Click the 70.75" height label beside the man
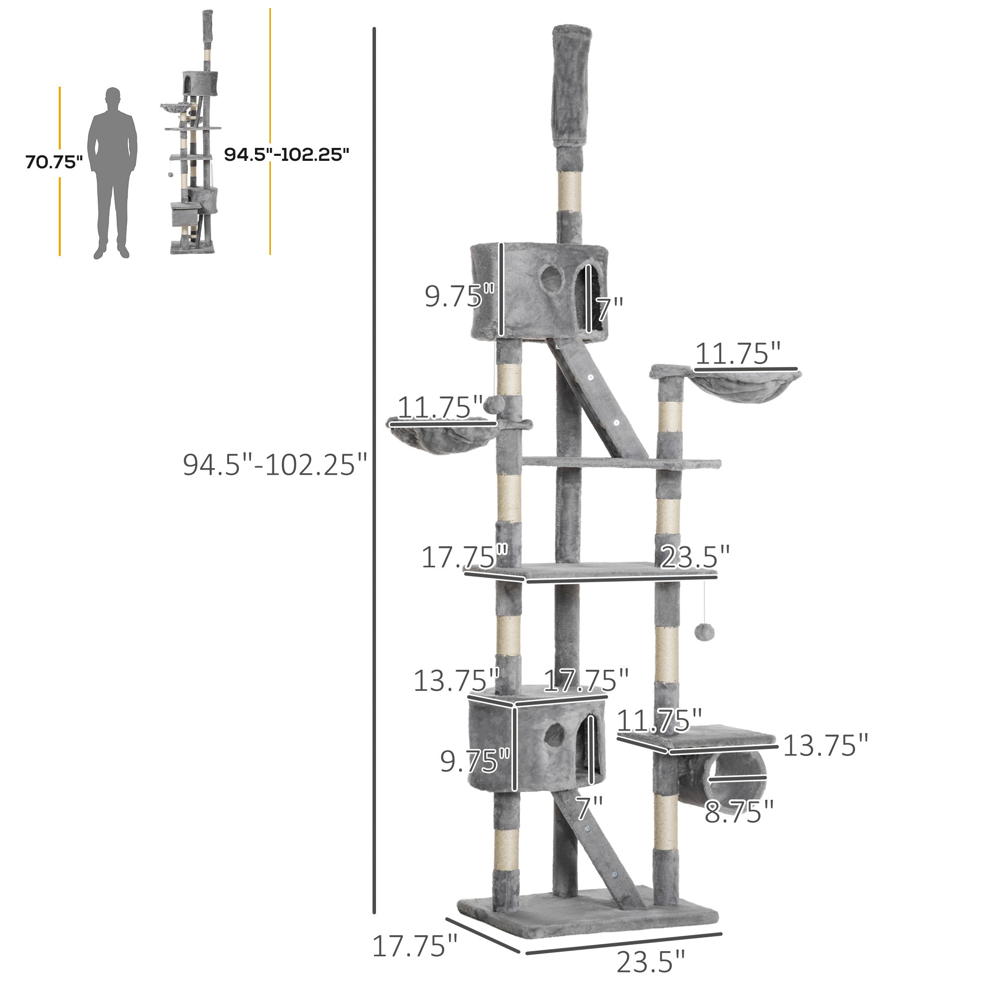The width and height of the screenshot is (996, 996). (x=54, y=162)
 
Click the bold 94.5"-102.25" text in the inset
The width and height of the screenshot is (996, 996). (x=286, y=154)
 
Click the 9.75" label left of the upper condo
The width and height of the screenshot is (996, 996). (x=459, y=296)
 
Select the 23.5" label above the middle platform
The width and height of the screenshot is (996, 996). (x=694, y=557)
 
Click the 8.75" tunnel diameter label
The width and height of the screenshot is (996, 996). (x=739, y=812)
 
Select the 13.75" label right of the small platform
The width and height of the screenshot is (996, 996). (x=825, y=746)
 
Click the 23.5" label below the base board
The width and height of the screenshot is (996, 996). (x=650, y=962)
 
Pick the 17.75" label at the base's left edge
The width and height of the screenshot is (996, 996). (x=414, y=946)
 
